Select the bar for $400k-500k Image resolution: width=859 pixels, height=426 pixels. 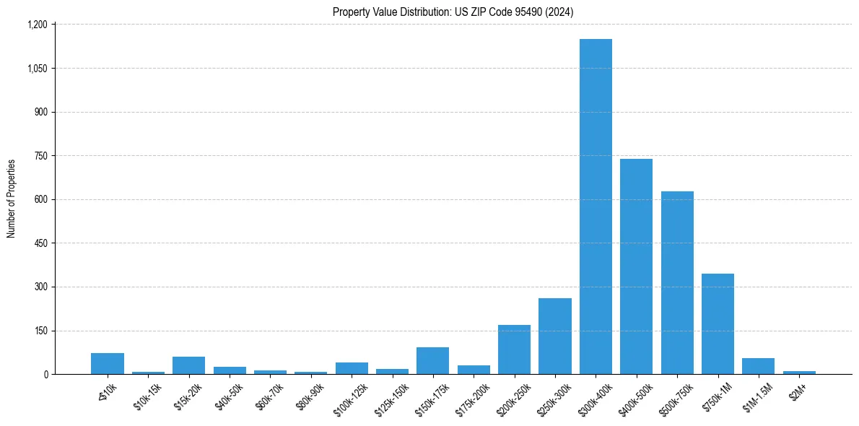coord(636,266)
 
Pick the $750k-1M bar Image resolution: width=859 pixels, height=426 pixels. coord(718,324)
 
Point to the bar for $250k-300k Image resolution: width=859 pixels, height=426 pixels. coord(555,336)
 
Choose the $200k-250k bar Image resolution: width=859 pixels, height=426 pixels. coord(514,349)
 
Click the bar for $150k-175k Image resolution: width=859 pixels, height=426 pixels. coord(432,361)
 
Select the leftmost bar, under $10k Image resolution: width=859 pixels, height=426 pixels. coord(108,364)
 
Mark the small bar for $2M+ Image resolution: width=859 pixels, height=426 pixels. coord(799,373)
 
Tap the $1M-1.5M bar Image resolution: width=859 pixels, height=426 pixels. coord(758,366)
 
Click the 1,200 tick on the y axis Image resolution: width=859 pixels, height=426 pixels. coord(38,25)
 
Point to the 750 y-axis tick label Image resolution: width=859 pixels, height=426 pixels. coord(40,156)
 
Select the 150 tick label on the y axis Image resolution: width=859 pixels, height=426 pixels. coord(40,331)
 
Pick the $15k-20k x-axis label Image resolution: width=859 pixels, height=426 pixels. coord(189,395)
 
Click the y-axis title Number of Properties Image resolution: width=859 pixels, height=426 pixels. coord(12,199)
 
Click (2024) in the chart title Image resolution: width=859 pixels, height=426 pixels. coord(559,12)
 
